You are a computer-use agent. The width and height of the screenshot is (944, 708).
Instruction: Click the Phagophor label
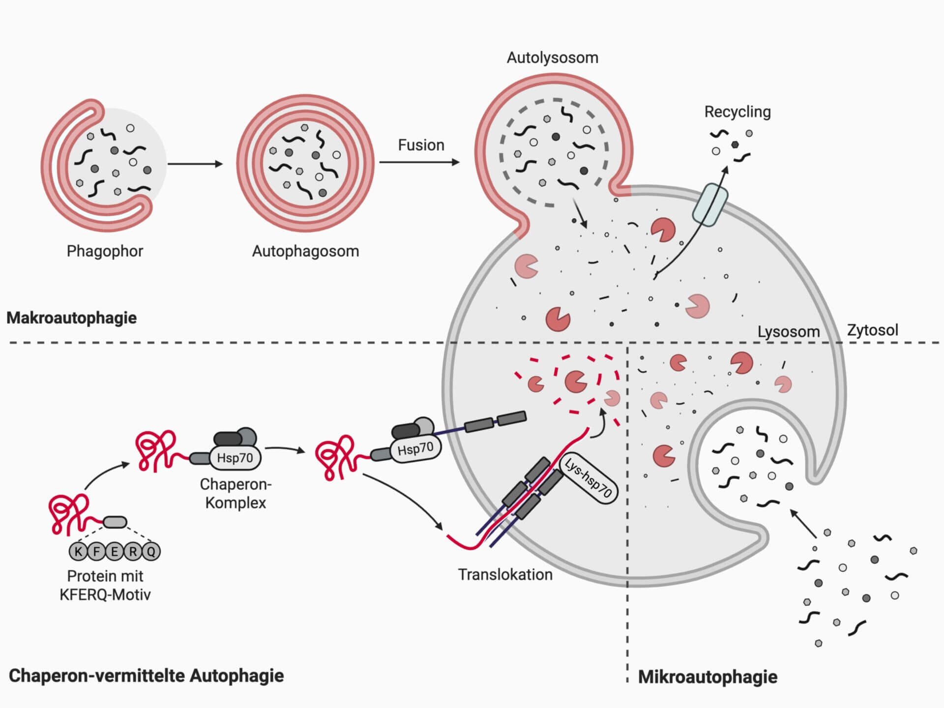pyautogui.click(x=105, y=251)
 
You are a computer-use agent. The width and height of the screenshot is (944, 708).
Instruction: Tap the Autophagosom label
pyautogui.click(x=305, y=251)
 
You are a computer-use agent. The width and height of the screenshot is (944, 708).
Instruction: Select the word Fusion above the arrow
pyautogui.click(x=421, y=145)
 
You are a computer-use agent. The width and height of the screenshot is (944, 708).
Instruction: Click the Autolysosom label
pyautogui.click(x=552, y=58)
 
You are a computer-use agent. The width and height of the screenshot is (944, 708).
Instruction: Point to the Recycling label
pyautogui.click(x=737, y=112)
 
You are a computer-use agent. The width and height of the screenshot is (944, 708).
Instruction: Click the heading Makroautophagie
pyautogui.click(x=72, y=318)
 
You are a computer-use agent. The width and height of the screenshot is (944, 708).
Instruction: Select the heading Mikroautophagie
pyautogui.click(x=708, y=677)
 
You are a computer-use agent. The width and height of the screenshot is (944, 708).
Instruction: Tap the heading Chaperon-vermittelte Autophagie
pyautogui.click(x=146, y=676)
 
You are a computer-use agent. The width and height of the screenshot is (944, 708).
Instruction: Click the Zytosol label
pyautogui.click(x=872, y=330)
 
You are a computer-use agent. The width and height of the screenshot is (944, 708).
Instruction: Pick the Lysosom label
pyautogui.click(x=788, y=332)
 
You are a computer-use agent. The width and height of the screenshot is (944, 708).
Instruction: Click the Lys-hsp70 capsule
pyautogui.click(x=589, y=478)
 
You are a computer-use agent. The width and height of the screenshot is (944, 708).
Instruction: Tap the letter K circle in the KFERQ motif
pyautogui.click(x=78, y=552)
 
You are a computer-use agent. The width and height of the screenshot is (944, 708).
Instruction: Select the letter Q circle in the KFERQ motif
pyautogui.click(x=151, y=552)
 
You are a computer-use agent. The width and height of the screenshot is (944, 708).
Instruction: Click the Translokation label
pyautogui.click(x=505, y=575)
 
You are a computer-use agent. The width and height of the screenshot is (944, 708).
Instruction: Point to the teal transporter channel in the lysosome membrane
pyautogui.click(x=710, y=205)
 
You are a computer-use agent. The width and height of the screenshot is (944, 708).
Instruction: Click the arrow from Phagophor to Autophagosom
pyautogui.click(x=195, y=164)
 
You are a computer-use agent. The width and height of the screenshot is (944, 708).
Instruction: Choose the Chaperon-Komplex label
pyautogui.click(x=236, y=494)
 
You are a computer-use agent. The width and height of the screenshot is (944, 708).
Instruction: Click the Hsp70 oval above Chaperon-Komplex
pyautogui.click(x=235, y=458)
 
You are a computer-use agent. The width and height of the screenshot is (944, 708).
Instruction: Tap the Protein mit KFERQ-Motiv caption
pyautogui.click(x=105, y=585)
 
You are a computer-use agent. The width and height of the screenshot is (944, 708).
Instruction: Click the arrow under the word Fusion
pyautogui.click(x=419, y=162)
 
